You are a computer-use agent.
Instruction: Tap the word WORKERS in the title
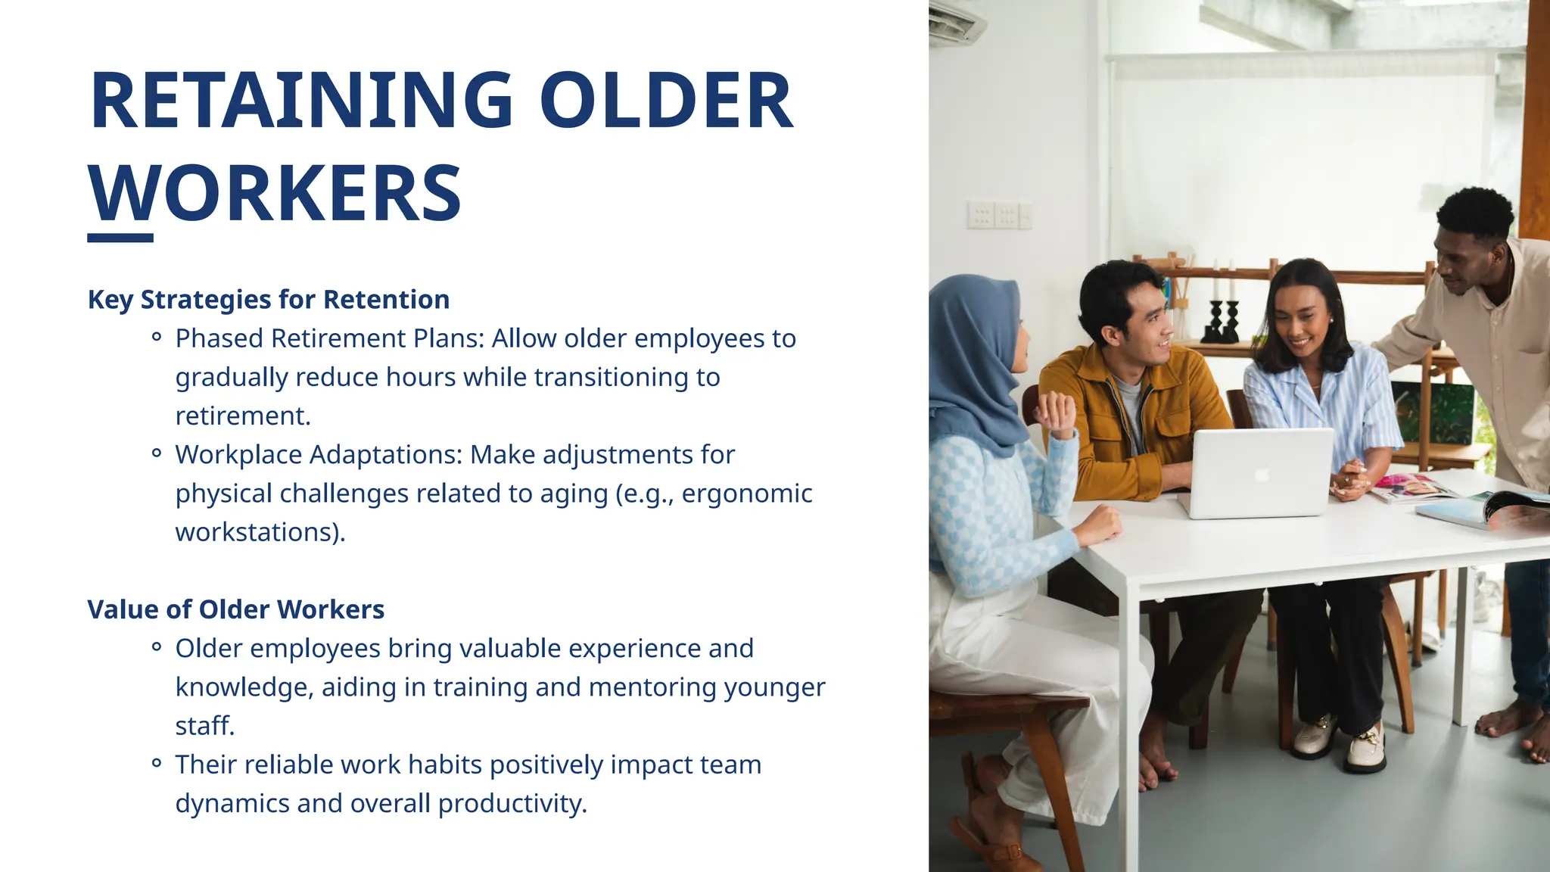tap(275, 194)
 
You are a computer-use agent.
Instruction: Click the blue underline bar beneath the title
tap(120, 238)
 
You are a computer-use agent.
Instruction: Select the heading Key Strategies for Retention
tap(269, 300)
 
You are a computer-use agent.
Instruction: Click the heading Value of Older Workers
tap(236, 609)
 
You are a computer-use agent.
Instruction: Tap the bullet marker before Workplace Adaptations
tap(157, 454)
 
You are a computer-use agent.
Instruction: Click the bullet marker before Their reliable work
tap(157, 764)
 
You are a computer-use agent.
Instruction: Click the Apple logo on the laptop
tap(1261, 475)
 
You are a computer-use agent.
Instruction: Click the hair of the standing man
tap(1475, 213)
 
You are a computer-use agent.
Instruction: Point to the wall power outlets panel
tap(998, 216)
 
